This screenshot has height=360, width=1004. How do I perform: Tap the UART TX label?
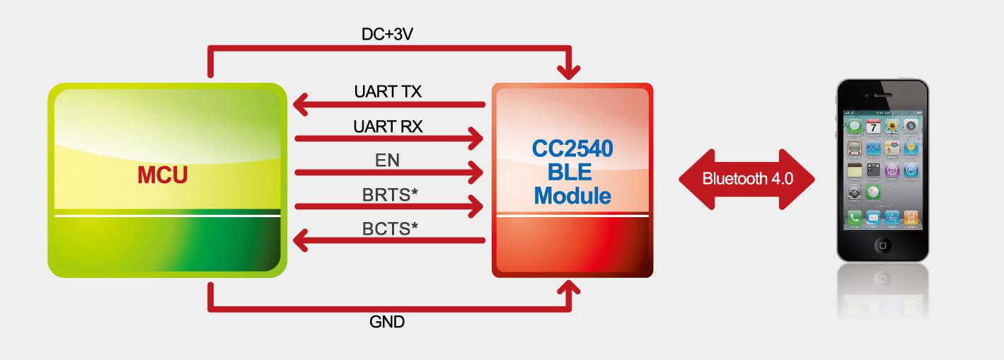point(389,91)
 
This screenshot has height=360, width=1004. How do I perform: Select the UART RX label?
point(389,126)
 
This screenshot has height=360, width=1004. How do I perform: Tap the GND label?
point(387,322)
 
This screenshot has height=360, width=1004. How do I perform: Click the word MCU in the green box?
point(163,176)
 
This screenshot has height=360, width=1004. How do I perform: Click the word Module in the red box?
point(572,195)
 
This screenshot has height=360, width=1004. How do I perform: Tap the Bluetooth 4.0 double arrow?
point(746,178)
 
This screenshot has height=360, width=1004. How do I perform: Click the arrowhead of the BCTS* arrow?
point(301,242)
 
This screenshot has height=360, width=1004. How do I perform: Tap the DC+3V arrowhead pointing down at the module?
point(569,71)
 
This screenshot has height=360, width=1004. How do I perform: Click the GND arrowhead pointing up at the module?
point(569,286)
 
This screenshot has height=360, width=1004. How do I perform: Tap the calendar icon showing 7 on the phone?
point(873,127)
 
